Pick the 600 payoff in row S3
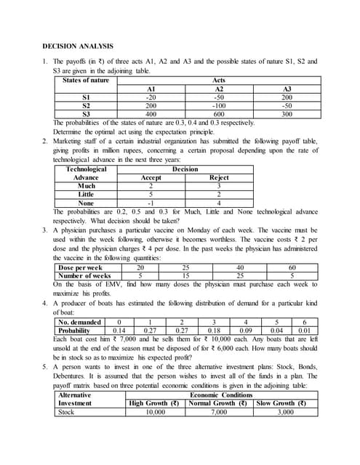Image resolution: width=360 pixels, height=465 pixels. click(x=217, y=115)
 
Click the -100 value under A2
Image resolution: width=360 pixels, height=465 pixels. click(x=217, y=105)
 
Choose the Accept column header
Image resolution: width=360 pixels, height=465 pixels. click(x=151, y=177)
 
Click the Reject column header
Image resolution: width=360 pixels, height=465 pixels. click(x=219, y=177)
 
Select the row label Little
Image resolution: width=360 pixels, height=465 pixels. click(x=86, y=194)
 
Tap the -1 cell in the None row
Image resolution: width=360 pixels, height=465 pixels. click(x=151, y=203)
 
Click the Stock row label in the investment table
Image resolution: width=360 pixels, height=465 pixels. click(x=66, y=412)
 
